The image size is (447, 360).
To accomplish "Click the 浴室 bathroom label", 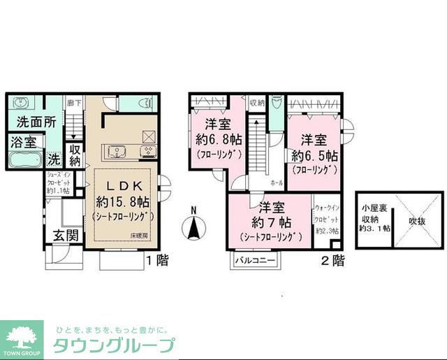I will (x=23, y=142).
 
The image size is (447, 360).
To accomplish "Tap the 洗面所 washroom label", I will (x=31, y=120).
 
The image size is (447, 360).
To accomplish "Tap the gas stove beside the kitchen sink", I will (x=148, y=150).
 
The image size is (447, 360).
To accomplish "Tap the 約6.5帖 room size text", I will (x=314, y=154).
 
